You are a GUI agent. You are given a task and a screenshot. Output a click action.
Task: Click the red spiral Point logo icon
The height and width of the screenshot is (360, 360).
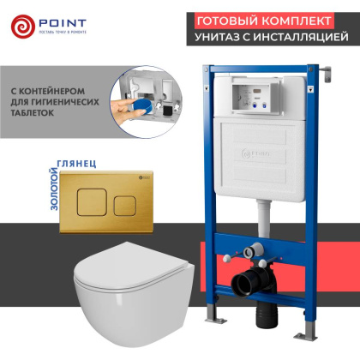click(x=24, y=26)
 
